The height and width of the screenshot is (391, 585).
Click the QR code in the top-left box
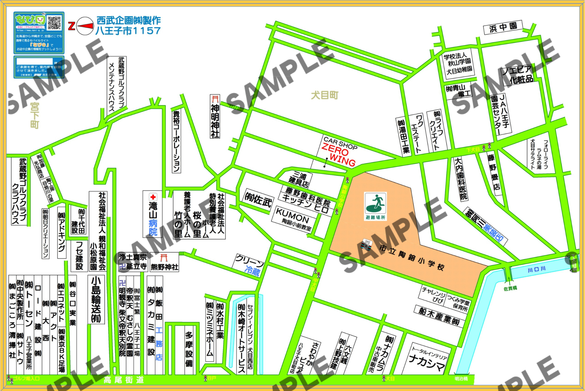click(54, 23)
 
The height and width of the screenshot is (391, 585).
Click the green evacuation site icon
click(375, 203)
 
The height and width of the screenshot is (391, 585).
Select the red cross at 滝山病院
click(153, 197)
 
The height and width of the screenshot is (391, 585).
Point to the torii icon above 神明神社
click(215, 99)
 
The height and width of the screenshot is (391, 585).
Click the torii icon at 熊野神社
click(164, 258)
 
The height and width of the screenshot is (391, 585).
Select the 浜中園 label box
click(503, 28)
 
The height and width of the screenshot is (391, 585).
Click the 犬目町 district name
click(324, 95)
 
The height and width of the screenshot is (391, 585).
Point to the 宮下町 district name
click(35, 115)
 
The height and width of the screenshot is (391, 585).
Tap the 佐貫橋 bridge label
click(510, 288)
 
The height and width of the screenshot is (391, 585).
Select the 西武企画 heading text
click(128, 21)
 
